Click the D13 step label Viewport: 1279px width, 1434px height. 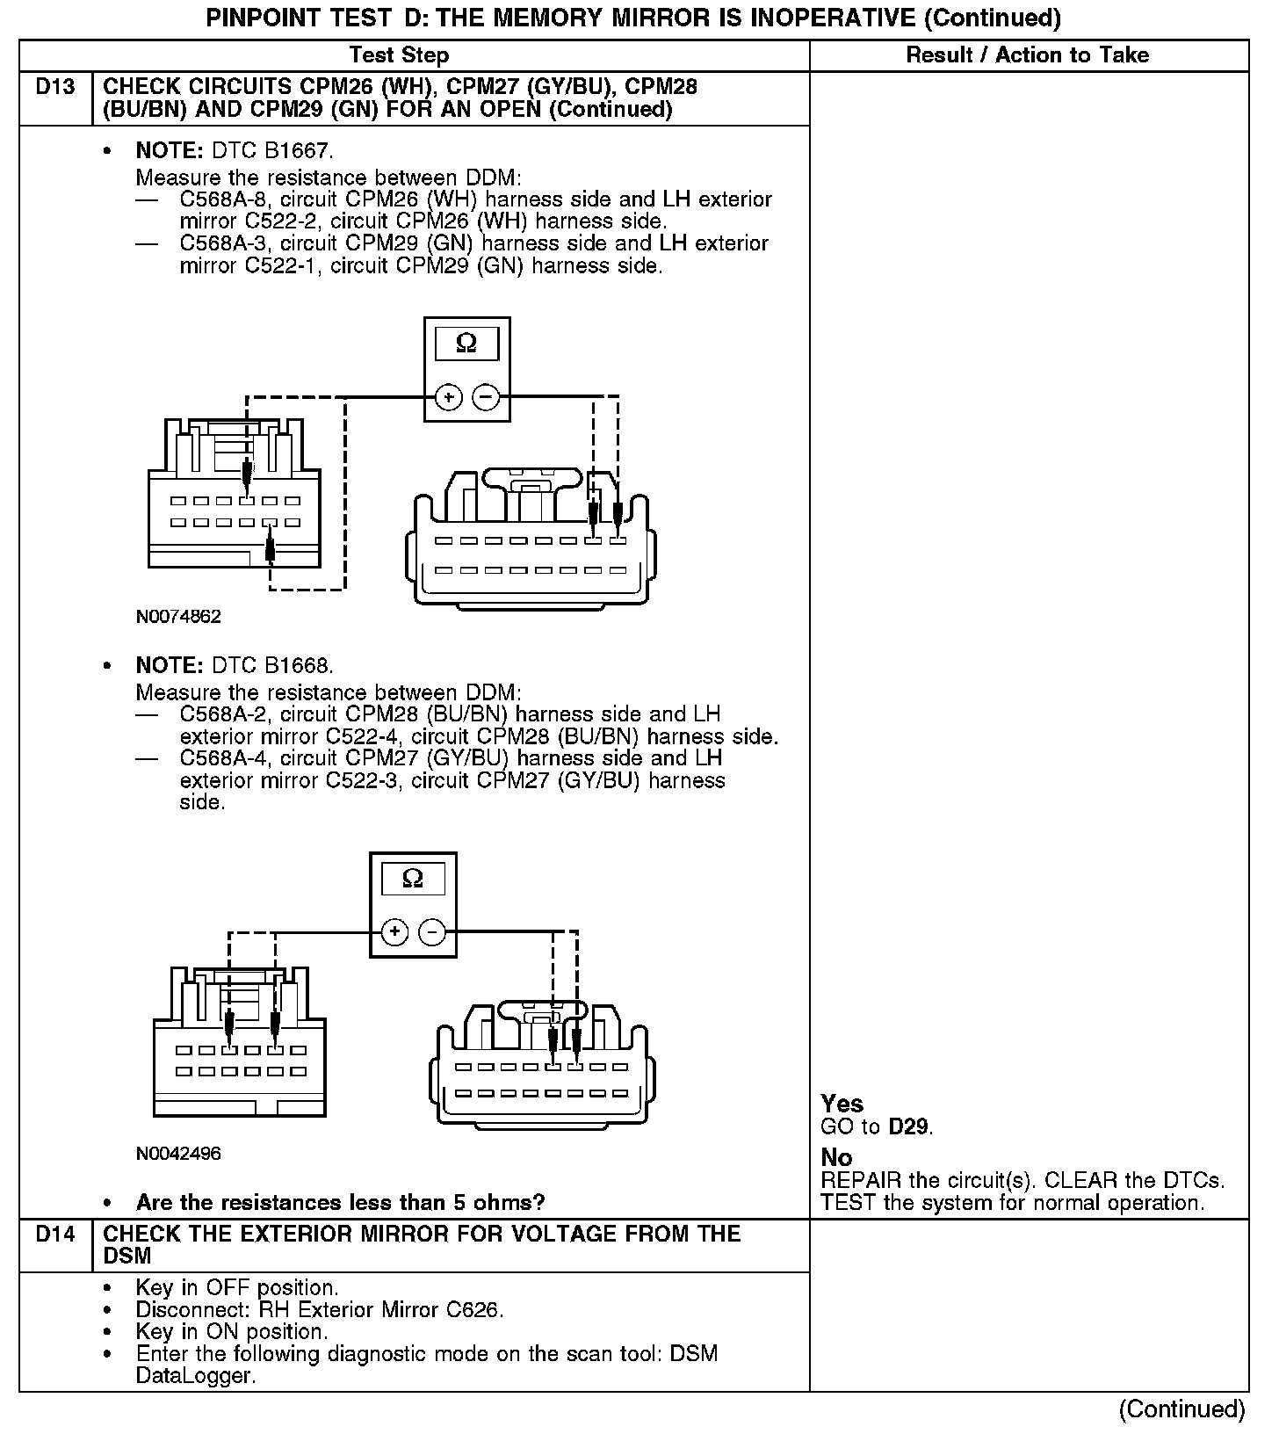click(55, 87)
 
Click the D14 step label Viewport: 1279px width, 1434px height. click(55, 1235)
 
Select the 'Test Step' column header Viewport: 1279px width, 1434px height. click(399, 55)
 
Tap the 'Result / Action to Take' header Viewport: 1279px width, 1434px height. click(1027, 55)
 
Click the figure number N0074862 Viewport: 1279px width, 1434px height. click(178, 617)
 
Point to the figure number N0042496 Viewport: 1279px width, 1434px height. click(178, 1154)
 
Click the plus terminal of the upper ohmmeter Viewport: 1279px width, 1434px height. click(449, 397)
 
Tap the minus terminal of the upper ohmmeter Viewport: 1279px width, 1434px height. click(486, 397)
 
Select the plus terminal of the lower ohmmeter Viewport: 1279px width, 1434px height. click(394, 931)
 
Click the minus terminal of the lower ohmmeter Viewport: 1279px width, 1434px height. click(431, 931)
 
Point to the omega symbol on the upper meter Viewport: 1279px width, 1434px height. click(466, 344)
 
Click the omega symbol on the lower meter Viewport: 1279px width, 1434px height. click(412, 878)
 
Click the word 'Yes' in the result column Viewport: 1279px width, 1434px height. click(842, 1104)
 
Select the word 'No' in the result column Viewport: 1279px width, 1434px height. click(836, 1158)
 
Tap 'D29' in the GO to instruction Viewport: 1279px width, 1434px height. click(907, 1126)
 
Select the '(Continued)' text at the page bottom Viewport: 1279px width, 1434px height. click(1181, 1409)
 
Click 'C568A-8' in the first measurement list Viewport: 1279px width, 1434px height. click(224, 200)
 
